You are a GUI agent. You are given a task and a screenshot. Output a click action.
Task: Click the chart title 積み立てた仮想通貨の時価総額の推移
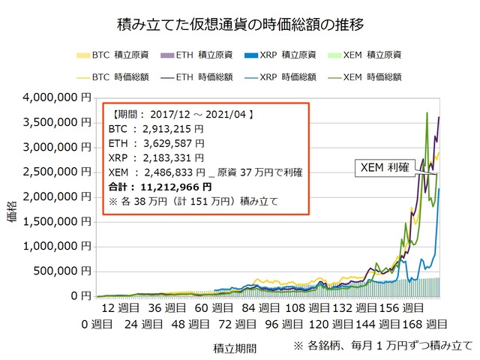pos(241,25)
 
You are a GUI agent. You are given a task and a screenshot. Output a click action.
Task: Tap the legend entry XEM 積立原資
pos(367,55)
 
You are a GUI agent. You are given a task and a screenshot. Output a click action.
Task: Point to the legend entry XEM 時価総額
pos(367,76)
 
